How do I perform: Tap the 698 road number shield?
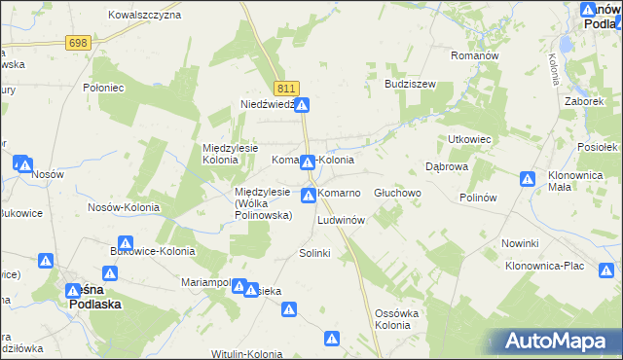(x=79, y=43)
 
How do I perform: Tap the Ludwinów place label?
(x=341, y=221)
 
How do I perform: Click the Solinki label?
(x=315, y=253)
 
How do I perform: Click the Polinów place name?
(x=478, y=197)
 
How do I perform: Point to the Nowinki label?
(x=520, y=242)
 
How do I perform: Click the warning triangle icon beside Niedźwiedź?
(x=303, y=105)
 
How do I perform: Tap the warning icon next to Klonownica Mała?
(x=528, y=179)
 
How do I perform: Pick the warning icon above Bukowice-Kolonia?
(x=126, y=243)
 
